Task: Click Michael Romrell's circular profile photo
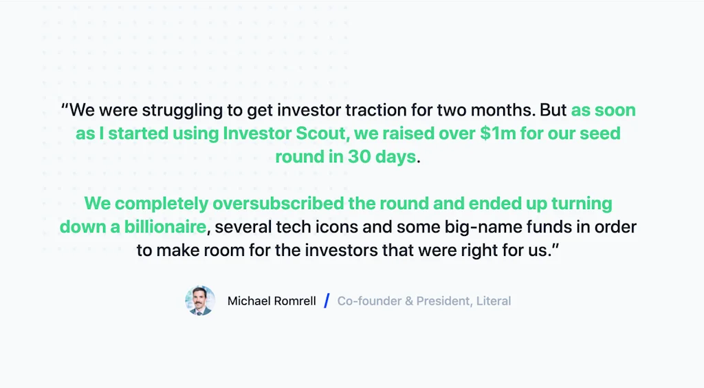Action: tap(200, 301)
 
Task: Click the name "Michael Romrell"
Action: tap(272, 301)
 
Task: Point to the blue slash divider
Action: tap(327, 301)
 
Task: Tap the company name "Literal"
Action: tap(494, 301)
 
